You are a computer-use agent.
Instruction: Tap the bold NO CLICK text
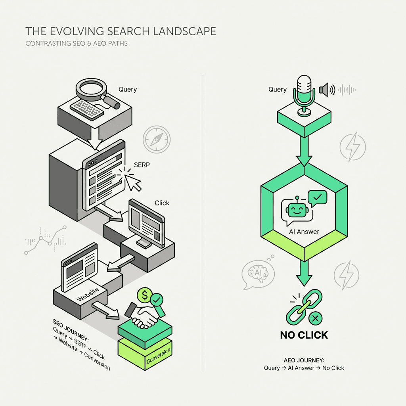coord(304,335)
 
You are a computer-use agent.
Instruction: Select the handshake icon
coord(144,317)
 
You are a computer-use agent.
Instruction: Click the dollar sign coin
coord(144,296)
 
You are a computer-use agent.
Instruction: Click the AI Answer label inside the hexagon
coord(304,232)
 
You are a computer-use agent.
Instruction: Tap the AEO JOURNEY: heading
coord(304,360)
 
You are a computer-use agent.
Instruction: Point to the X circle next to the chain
coord(316,318)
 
